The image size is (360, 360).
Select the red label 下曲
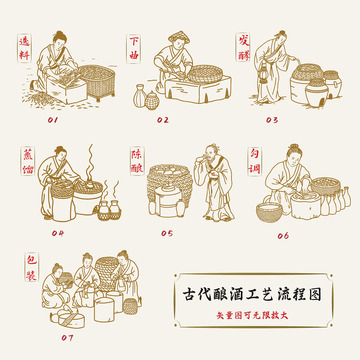(136, 44)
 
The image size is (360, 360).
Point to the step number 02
(163, 118)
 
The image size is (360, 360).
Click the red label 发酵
(244, 44)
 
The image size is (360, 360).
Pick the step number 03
(272, 118)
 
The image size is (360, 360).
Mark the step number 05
(166, 233)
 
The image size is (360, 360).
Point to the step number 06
(283, 235)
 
